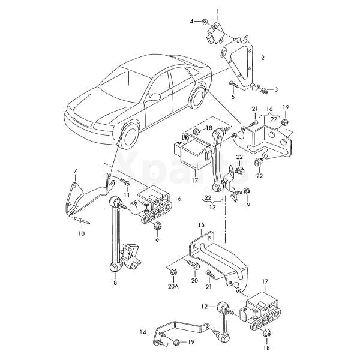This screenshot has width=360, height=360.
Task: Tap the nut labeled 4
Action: click(x=205, y=22)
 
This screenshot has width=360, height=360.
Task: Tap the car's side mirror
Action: click(x=155, y=96)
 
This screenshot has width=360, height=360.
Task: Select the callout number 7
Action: click(x=76, y=170)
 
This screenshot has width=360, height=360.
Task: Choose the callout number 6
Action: click(x=179, y=198)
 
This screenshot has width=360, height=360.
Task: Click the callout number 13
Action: click(x=212, y=208)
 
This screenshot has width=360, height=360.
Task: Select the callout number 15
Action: click(x=201, y=225)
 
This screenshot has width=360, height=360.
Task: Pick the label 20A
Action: click(x=173, y=287)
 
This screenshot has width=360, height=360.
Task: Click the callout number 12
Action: click(x=204, y=307)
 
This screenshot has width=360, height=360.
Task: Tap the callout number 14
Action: click(x=143, y=332)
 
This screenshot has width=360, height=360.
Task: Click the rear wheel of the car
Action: click(x=199, y=97)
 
